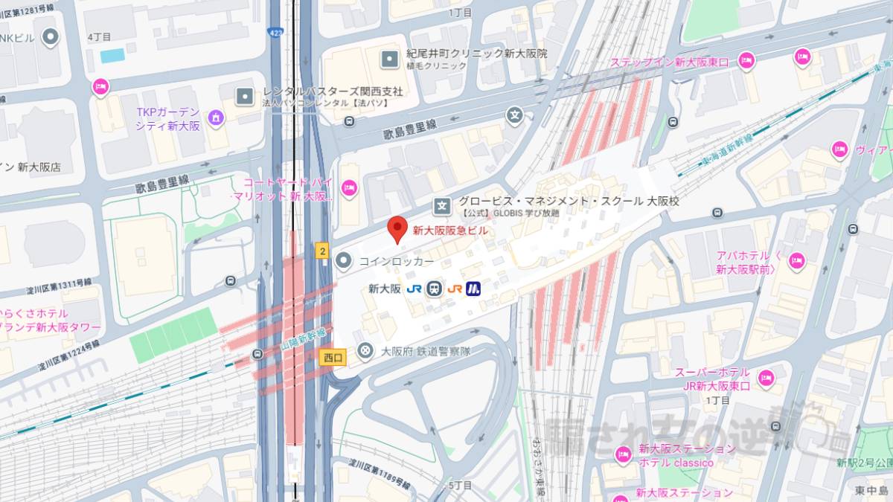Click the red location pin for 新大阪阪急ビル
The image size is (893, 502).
tap(398, 228)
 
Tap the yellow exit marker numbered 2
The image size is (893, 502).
tap(322, 251)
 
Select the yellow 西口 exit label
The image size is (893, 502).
tap(333, 358)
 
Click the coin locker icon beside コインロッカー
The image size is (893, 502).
tap(343, 261)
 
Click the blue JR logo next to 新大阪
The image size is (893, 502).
tap(415, 289)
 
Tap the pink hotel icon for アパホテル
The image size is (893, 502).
tap(797, 261)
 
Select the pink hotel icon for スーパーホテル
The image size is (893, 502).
tap(766, 378)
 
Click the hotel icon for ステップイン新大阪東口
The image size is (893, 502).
tap(746, 61)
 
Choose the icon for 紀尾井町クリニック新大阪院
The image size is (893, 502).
tap(389, 59)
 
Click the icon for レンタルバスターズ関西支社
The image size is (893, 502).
tap(244, 96)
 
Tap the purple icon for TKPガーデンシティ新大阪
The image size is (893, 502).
tap(216, 117)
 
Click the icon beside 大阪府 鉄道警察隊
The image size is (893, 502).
tap(365, 350)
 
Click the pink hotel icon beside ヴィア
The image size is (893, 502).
tap(839, 149)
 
